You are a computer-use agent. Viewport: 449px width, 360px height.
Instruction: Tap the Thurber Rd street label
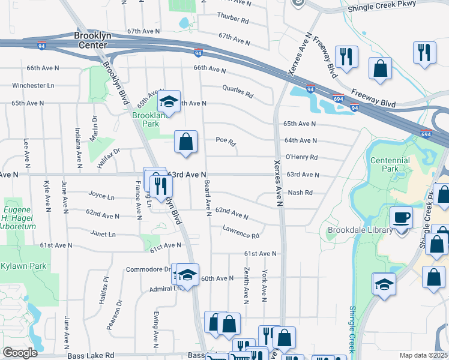[x=233, y=20]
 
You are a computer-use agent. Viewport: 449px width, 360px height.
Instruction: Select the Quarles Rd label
[x=238, y=92]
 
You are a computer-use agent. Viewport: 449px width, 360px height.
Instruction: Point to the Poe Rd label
[x=226, y=140]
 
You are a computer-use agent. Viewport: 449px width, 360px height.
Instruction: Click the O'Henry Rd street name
[x=301, y=157]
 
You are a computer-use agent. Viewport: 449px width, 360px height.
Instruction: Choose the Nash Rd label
[x=300, y=193]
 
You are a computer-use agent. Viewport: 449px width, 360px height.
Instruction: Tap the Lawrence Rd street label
[x=240, y=230]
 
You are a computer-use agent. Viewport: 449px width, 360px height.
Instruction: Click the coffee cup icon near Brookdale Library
[x=401, y=218]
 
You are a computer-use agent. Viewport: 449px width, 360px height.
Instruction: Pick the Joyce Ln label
[x=101, y=196]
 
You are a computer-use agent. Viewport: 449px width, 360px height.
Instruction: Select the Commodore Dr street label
[x=148, y=269]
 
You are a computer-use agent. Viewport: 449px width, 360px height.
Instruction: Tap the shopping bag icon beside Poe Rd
[x=186, y=142]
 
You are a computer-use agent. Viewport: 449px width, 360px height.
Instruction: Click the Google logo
[x=19, y=353]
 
